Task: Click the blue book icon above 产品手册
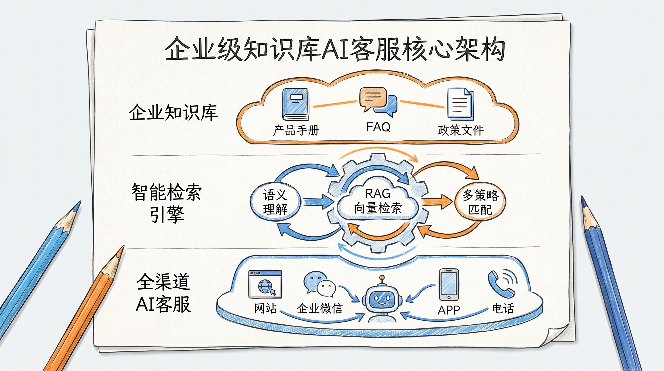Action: tap(296, 104)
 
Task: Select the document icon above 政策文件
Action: tap(460, 104)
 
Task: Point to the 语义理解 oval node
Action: tap(275, 202)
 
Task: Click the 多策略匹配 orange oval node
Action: tap(480, 202)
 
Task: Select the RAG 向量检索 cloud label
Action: tap(378, 201)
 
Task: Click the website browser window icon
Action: tap(265, 284)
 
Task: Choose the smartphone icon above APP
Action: tap(449, 285)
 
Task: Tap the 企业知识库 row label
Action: tap(173, 113)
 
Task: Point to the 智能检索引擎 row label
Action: tap(166, 203)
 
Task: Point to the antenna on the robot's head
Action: tap(382, 278)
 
